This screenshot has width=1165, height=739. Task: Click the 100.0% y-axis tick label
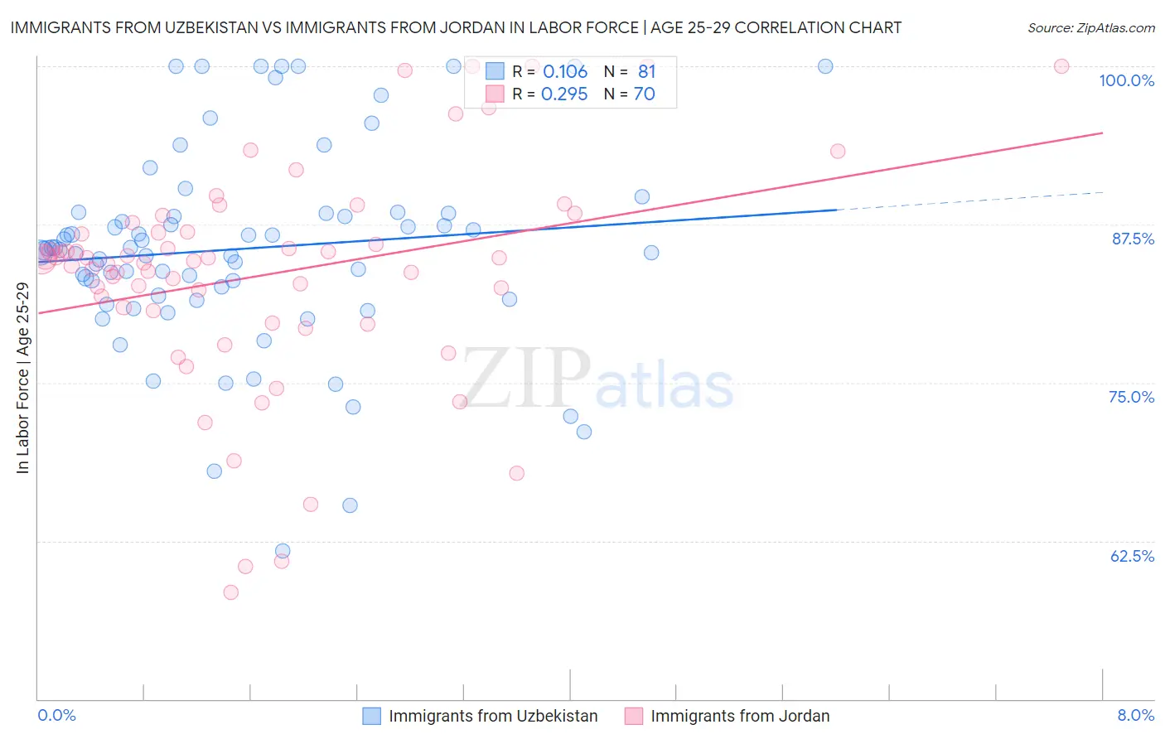[1126, 80]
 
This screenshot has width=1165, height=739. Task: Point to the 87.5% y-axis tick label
[1133, 239]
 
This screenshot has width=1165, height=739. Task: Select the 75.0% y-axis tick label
[1131, 397]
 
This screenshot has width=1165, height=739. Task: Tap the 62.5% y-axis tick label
[1132, 556]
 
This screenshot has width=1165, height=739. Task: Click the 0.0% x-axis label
[56, 715]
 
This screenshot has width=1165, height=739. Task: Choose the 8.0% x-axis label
[1135, 715]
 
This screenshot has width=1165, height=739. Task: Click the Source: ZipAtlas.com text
[1090, 27]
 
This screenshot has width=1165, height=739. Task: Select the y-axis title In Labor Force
[22, 378]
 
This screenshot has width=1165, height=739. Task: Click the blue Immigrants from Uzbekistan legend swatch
[372, 716]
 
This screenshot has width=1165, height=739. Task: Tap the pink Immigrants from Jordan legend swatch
[634, 716]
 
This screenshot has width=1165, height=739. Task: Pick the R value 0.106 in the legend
[565, 71]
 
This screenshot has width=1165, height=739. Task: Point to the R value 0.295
[564, 94]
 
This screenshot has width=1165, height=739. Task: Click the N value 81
[646, 71]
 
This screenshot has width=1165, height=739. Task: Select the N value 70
[645, 94]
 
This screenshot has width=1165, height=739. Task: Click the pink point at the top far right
[1061, 66]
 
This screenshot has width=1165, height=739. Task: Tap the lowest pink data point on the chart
[231, 592]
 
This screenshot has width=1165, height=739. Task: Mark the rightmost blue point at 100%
[825, 66]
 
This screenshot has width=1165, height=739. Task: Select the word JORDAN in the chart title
[472, 27]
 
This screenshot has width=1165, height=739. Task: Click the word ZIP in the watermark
[526, 378]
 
